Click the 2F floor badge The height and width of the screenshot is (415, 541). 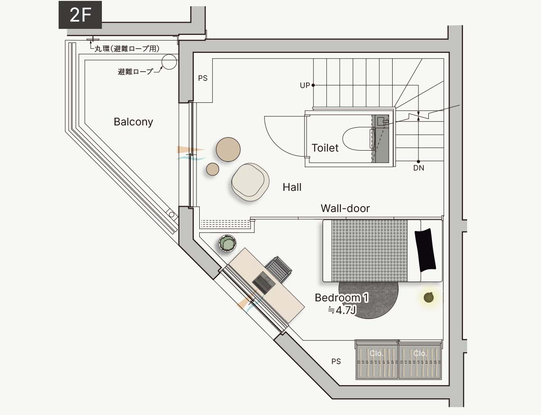pyautogui.click(x=80, y=15)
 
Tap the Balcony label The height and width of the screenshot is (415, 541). pyautogui.click(x=133, y=122)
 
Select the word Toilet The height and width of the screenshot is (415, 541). pyautogui.click(x=325, y=148)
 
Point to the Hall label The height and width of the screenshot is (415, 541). pyautogui.click(x=292, y=187)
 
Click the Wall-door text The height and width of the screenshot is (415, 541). pyautogui.click(x=345, y=208)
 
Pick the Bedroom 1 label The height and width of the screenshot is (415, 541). pyautogui.click(x=342, y=298)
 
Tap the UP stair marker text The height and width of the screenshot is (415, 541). pyautogui.click(x=305, y=85)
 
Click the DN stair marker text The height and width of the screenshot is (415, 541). pyautogui.click(x=418, y=168)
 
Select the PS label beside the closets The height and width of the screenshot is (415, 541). pyautogui.click(x=336, y=361)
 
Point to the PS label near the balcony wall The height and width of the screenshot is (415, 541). pyautogui.click(x=203, y=78)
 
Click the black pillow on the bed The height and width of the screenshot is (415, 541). pyautogui.click(x=425, y=250)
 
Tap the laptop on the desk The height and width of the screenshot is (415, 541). pyautogui.click(x=264, y=282)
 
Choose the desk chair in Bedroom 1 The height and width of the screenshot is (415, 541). pyautogui.click(x=279, y=269)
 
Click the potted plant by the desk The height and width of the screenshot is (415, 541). pyautogui.click(x=227, y=244)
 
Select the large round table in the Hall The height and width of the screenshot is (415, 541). pyautogui.click(x=228, y=149)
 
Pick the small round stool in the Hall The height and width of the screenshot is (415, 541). pyautogui.click(x=212, y=169)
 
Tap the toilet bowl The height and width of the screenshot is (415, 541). pyautogui.click(x=358, y=139)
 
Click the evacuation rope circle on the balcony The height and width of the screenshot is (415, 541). pyautogui.click(x=169, y=62)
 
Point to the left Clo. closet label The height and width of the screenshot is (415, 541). pyautogui.click(x=376, y=353)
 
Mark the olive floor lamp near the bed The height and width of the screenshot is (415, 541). pyautogui.click(x=428, y=297)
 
